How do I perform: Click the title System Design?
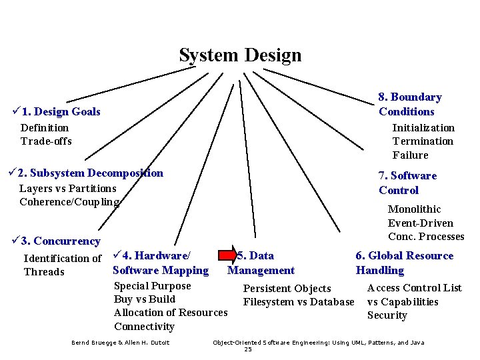coord(240,55)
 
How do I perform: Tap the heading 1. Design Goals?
coord(61,112)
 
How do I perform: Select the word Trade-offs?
coord(46,141)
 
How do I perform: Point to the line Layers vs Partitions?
coord(67,189)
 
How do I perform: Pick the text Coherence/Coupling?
coord(69,202)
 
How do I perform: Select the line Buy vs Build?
coord(145,299)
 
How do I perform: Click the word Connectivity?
coord(144,327)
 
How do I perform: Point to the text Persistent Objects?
coord(287,289)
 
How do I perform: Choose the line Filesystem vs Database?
coord(298,302)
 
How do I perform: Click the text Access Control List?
coord(414,288)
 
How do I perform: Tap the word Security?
coord(387,315)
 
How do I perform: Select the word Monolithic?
coord(414,209)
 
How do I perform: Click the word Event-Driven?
coord(420,223)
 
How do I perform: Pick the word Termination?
coord(423,141)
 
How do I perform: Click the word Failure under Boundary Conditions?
coord(410,155)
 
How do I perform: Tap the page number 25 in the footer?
coord(248,349)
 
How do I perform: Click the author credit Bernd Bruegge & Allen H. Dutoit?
coord(120,343)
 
